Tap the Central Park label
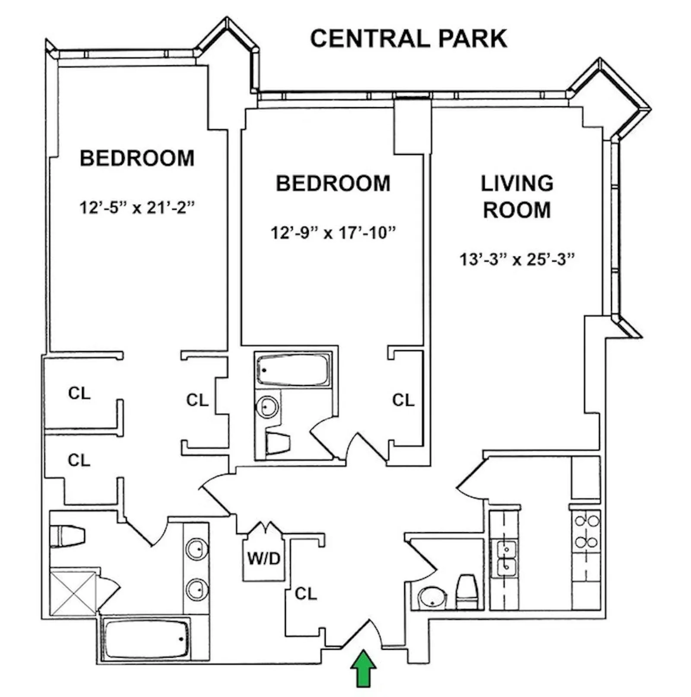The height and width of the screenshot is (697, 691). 408,38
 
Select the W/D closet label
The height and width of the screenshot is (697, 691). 263,558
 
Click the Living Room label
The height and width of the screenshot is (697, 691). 517,197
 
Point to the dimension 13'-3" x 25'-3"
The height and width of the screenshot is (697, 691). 517,260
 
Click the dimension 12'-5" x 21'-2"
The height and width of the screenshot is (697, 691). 137,208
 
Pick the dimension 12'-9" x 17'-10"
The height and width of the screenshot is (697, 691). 333,233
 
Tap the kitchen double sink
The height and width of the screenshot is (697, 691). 505,558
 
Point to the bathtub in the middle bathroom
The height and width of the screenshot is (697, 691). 293,370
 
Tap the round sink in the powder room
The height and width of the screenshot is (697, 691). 431,598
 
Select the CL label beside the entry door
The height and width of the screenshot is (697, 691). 306,594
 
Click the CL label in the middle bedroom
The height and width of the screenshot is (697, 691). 403,400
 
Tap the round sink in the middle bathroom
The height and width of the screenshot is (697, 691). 267,407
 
